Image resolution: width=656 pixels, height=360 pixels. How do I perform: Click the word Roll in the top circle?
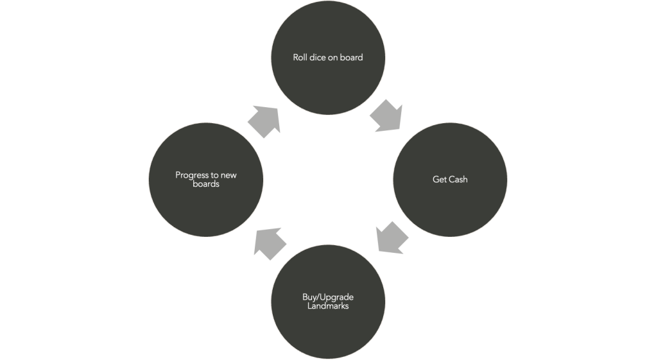300,58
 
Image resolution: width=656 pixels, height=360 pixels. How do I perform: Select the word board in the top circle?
352,58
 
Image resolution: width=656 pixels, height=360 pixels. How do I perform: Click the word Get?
440,180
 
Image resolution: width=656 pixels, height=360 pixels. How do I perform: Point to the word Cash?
458,180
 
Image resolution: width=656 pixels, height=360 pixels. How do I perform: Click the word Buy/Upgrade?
328,298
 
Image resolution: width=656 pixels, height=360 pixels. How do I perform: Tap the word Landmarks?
328,306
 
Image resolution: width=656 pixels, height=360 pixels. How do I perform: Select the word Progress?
192,175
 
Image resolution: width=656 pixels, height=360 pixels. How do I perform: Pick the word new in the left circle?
229,175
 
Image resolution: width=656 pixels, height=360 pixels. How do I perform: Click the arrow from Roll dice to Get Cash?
387,116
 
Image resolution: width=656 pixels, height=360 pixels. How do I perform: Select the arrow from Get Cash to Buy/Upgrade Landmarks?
391,237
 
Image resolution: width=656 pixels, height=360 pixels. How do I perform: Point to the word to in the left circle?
215,175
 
